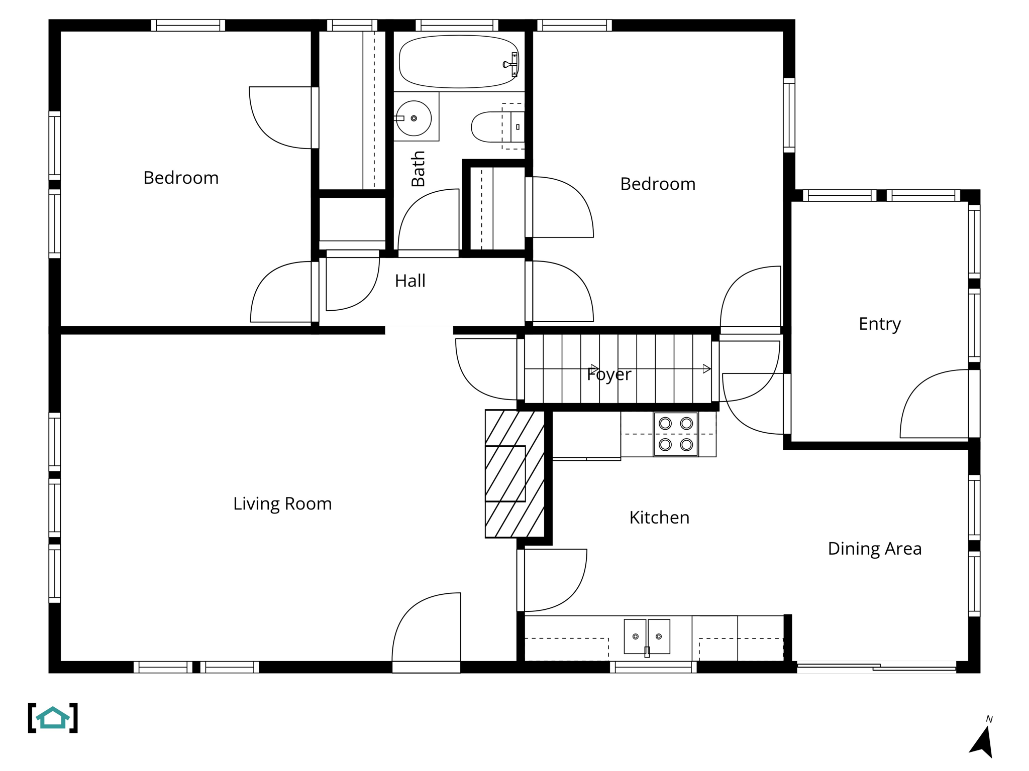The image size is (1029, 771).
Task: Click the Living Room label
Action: click(282, 503)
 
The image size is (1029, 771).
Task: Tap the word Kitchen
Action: click(659, 518)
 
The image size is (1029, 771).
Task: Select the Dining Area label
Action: click(874, 549)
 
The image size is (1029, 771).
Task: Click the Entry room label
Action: click(879, 324)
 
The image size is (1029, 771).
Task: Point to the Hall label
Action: click(410, 281)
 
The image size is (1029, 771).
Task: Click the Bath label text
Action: click(418, 169)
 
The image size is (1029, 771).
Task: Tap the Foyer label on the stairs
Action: click(608, 374)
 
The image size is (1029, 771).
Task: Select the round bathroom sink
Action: click(413, 118)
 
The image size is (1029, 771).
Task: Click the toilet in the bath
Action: click(495, 127)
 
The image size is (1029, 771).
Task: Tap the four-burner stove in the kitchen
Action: click(675, 434)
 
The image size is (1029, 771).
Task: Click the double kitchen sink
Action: click(647, 636)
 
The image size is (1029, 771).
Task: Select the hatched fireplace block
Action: click(514, 474)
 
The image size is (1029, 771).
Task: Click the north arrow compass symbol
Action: click(982, 740)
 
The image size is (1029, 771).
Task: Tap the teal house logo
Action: click(53, 718)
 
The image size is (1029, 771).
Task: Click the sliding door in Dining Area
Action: click(876, 668)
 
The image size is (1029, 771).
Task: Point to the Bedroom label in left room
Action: click(181, 178)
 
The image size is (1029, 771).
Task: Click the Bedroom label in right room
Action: click(658, 184)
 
